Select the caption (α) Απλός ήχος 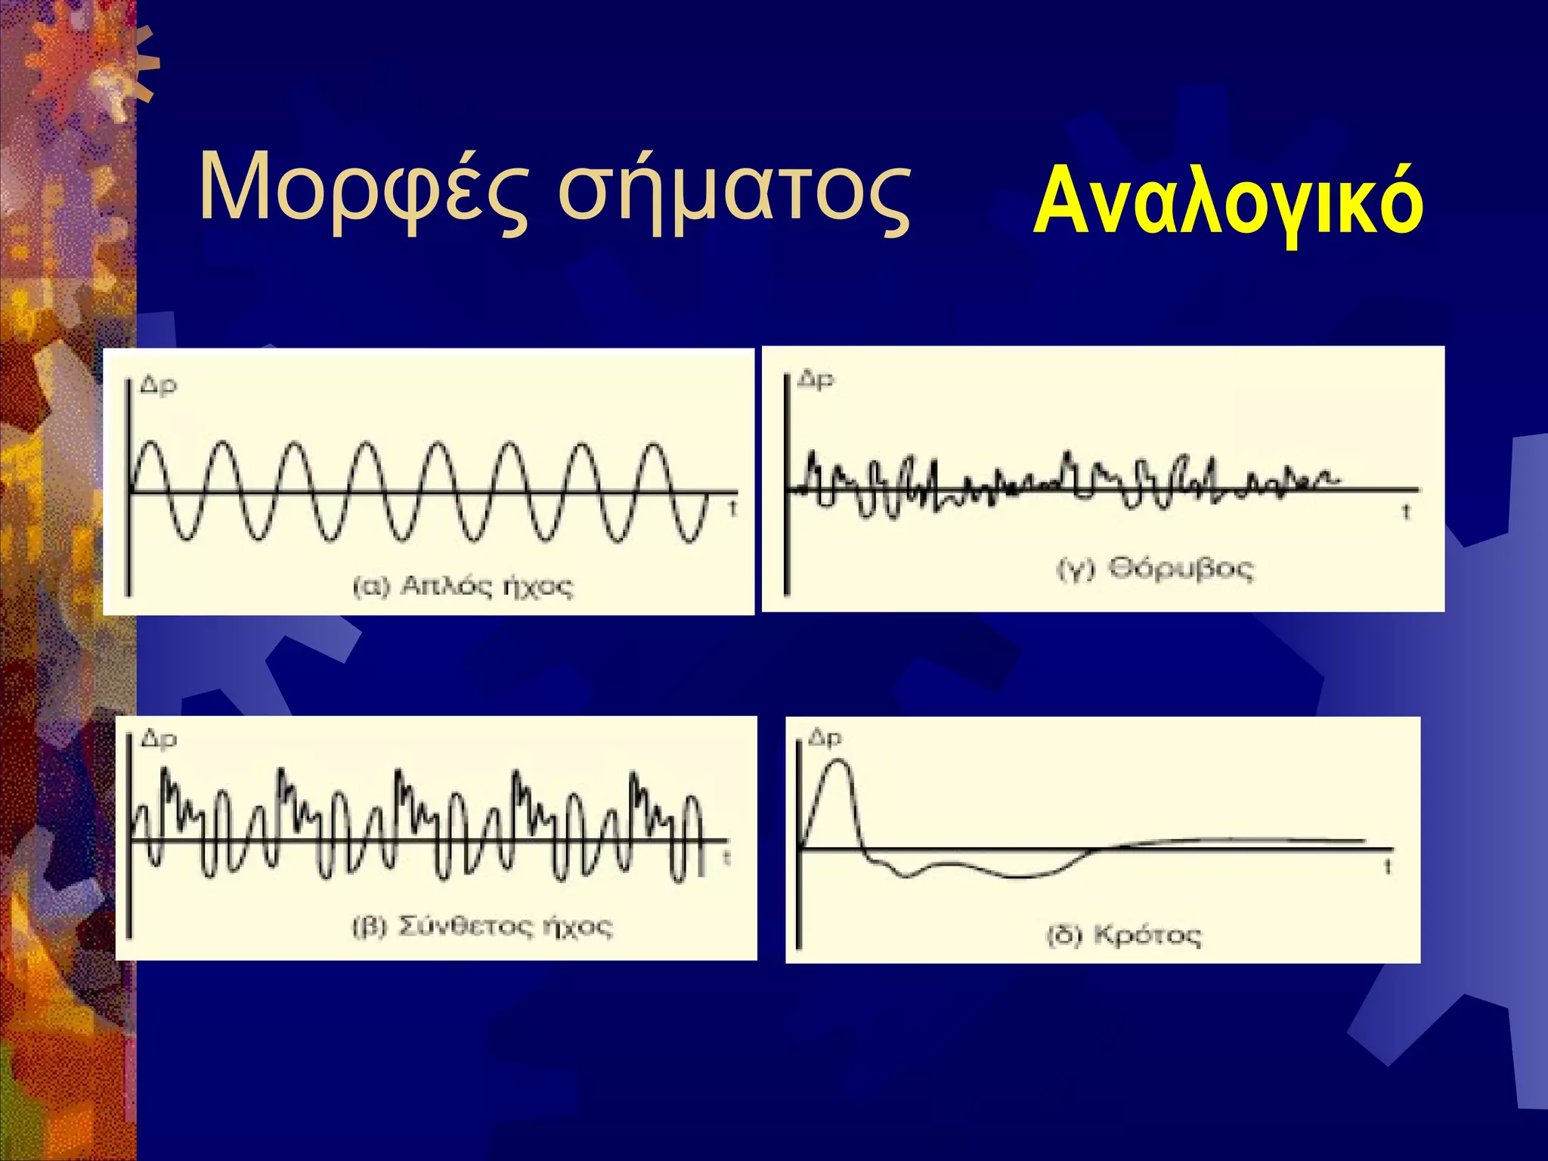[463, 587]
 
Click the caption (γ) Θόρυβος [1154, 568]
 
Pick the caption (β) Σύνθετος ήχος [482, 927]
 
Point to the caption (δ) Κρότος [1123, 936]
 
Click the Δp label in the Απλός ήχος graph [159, 385]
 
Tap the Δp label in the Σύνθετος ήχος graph [159, 739]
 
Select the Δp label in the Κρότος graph [825, 737]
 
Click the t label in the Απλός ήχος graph [732, 509]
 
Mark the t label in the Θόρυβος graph [1406, 512]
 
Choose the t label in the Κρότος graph [1388, 867]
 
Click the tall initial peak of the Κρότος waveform [837, 763]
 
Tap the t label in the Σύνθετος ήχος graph [726, 858]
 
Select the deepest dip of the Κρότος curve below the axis [1020, 877]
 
